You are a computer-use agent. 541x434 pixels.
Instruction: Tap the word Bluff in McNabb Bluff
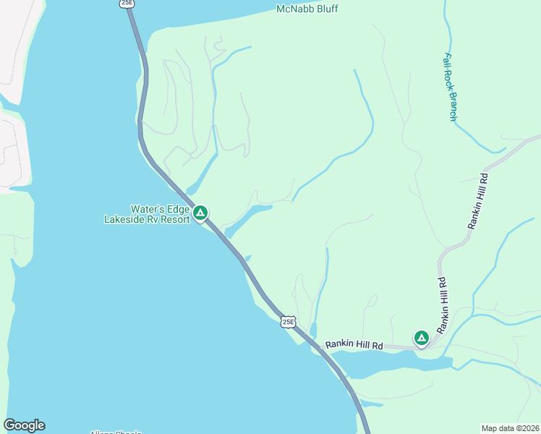(x=327, y=9)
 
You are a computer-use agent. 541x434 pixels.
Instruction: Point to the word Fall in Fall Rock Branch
(x=449, y=61)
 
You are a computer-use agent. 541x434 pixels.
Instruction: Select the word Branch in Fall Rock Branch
(x=453, y=106)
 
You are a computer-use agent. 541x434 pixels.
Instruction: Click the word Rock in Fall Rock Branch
(x=451, y=80)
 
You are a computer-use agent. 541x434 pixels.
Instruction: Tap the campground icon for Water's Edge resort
(x=200, y=213)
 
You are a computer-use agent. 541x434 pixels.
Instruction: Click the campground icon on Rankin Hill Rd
(x=421, y=337)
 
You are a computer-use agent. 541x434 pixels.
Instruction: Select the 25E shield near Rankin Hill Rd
(x=289, y=322)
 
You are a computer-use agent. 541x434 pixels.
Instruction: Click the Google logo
(x=24, y=425)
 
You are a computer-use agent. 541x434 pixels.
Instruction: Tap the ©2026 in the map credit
(x=528, y=428)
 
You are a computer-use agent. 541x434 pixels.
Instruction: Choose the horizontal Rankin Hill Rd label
(x=354, y=346)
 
